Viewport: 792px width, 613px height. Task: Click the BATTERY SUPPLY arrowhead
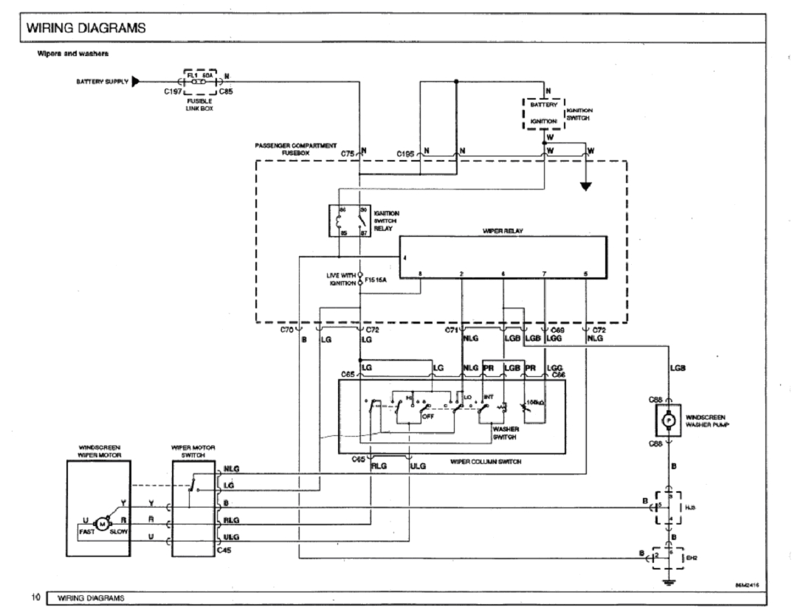136,81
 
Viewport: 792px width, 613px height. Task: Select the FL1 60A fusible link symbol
197,81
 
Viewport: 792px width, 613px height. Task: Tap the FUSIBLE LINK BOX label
200,104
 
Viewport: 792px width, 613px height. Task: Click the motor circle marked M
103,522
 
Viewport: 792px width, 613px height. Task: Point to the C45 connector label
225,549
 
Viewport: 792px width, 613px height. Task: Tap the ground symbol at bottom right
670,581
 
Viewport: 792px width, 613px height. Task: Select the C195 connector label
406,153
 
